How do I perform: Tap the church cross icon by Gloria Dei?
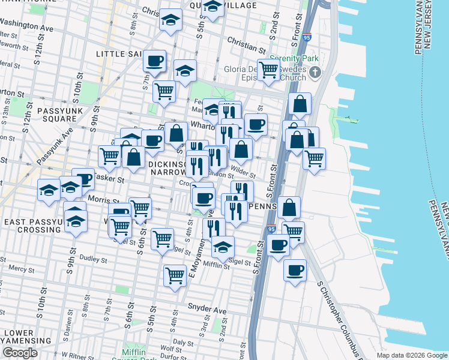pyautogui.click(x=316, y=73)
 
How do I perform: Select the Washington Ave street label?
pyautogui.click(x=26, y=28)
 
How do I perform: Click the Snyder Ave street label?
pyautogui.click(x=207, y=310)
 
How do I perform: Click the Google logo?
pyautogui.click(x=20, y=353)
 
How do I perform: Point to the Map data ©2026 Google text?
pyautogui.click(x=412, y=355)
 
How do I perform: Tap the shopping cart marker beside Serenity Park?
pyautogui.click(x=268, y=70)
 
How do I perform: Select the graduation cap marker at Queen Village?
pyautogui.click(x=212, y=7)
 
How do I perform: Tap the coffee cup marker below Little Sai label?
pyautogui.click(x=155, y=61)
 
